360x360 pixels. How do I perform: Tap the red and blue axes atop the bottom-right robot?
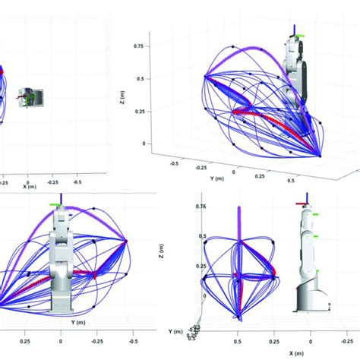(305, 199)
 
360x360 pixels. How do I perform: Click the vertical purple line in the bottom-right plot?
(238, 243)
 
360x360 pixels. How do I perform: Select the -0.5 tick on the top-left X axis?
(77, 182)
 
